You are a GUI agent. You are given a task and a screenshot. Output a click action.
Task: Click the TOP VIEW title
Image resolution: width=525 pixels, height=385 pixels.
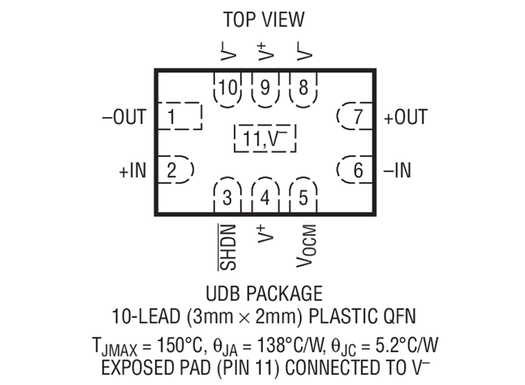tap(264, 19)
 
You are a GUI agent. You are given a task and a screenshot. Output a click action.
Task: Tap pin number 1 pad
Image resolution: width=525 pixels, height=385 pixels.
tap(180, 116)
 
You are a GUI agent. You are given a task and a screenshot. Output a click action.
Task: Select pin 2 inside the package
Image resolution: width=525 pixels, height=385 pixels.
tap(176, 169)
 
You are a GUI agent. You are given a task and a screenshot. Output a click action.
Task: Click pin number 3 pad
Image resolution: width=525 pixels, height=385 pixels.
tap(227, 196)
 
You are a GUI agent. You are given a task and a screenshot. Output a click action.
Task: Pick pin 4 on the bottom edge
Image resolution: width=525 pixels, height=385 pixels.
tap(265, 196)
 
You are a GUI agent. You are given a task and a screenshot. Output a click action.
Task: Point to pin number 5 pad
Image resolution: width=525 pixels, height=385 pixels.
tap(303, 196)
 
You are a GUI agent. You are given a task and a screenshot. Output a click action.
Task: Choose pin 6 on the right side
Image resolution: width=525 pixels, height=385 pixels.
tap(355, 169)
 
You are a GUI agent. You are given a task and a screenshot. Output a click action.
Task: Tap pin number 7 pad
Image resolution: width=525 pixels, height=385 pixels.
tap(355, 116)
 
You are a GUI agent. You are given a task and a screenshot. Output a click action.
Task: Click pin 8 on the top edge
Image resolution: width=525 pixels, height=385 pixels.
tap(303, 89)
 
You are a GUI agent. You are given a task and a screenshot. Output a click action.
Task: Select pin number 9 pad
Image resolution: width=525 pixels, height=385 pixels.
tap(265, 89)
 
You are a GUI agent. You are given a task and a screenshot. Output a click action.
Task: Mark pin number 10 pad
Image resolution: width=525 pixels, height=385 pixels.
tap(227, 89)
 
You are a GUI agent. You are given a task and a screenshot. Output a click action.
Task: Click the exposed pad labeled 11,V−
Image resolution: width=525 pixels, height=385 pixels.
tap(265, 139)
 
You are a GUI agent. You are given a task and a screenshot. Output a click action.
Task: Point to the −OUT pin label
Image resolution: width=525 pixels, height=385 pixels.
tap(124, 117)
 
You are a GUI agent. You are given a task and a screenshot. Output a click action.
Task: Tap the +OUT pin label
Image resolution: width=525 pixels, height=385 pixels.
tap(406, 117)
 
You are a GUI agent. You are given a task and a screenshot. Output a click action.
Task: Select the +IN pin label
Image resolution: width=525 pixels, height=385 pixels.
tap(133, 170)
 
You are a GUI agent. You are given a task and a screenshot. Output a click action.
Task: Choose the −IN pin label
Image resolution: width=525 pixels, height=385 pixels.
tap(398, 170)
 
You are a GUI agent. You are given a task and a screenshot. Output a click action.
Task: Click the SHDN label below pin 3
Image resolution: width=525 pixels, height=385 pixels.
tap(227, 247)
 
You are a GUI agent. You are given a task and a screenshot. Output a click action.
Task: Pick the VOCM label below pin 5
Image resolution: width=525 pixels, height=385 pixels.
tap(306, 246)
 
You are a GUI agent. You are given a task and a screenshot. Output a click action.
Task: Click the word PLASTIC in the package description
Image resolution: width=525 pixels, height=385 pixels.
tap(338, 316)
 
